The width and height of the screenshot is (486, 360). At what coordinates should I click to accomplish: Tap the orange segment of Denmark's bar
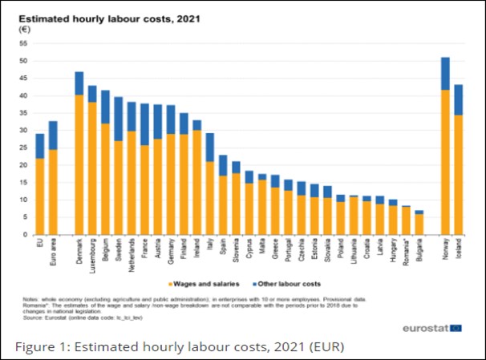tap(79, 164)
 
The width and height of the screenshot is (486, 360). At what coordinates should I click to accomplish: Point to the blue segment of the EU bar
tap(40, 146)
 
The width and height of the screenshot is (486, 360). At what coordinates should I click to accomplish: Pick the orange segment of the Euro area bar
tap(54, 192)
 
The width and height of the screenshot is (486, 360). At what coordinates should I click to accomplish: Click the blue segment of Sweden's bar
tap(118, 119)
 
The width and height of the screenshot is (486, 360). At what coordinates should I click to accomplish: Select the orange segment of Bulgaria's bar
tap(419, 224)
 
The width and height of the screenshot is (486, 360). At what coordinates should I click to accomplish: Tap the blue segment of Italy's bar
tap(209, 148)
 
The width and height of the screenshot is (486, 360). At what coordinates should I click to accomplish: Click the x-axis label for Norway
tap(445, 251)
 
